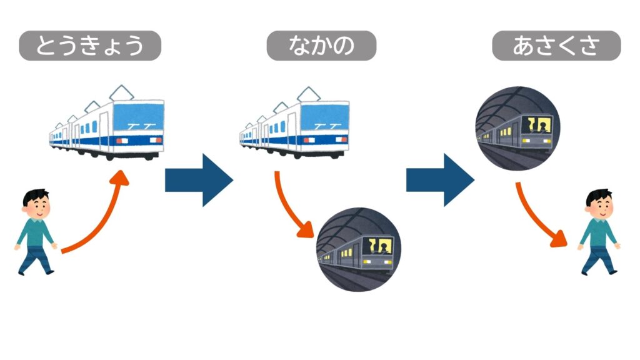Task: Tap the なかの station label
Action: pyautogui.click(x=321, y=46)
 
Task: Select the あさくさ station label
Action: pyautogui.click(x=556, y=46)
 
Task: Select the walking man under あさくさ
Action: pyautogui.click(x=599, y=232)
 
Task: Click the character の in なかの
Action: pyautogui.click(x=342, y=46)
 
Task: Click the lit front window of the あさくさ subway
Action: pyautogui.click(x=538, y=126)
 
